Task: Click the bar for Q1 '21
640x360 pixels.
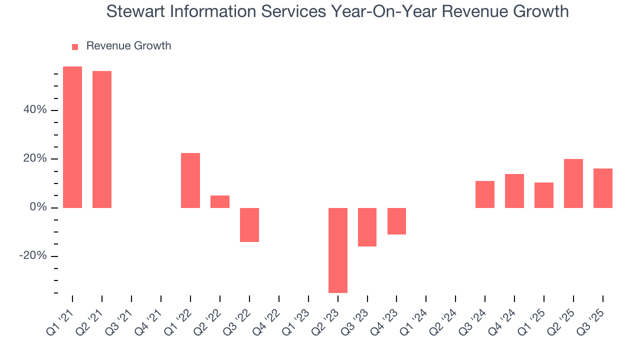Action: point(72,137)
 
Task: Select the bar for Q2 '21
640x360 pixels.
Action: point(102,139)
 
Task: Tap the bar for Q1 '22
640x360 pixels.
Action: point(190,180)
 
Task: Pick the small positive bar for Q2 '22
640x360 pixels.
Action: point(220,201)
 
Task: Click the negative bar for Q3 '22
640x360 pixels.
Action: point(249,224)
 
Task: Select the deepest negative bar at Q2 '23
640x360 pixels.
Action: point(338,250)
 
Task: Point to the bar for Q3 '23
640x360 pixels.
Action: point(367,227)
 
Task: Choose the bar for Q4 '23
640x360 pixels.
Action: point(396,221)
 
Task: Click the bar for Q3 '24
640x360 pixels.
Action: point(485,194)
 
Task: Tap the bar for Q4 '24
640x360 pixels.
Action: point(514,191)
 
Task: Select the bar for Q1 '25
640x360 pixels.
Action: point(544,195)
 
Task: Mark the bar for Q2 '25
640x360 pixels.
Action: point(573,183)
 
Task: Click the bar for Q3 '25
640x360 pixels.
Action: point(603,188)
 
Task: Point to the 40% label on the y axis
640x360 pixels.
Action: point(35,110)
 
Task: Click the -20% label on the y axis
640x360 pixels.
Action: point(33,256)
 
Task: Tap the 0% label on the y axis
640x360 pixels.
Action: point(38,207)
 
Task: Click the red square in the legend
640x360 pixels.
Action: point(75,46)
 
